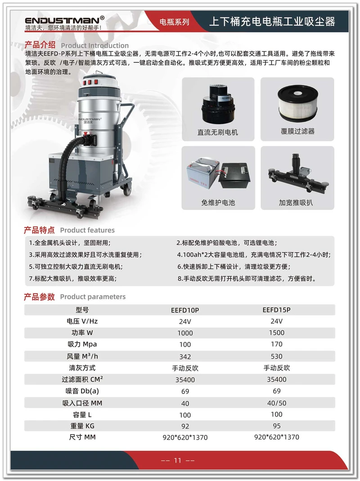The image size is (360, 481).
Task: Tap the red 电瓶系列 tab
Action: [175, 22]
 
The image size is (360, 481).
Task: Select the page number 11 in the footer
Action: [177, 460]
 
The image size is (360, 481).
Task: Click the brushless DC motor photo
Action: [218, 103]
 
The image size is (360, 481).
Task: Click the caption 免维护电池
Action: [218, 203]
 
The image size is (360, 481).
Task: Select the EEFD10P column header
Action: [185, 310]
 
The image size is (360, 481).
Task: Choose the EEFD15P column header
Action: [276, 310]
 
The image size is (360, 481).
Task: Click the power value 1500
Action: [276, 333]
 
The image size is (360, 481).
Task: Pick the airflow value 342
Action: [185, 356]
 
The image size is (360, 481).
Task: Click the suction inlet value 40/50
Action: [276, 403]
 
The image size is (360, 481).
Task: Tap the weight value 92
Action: [185, 426]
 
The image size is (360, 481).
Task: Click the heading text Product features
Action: [87, 230]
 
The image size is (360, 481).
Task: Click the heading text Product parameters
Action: [93, 297]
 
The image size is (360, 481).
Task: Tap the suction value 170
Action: [276, 345]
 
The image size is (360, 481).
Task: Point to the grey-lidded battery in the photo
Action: [200, 174]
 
